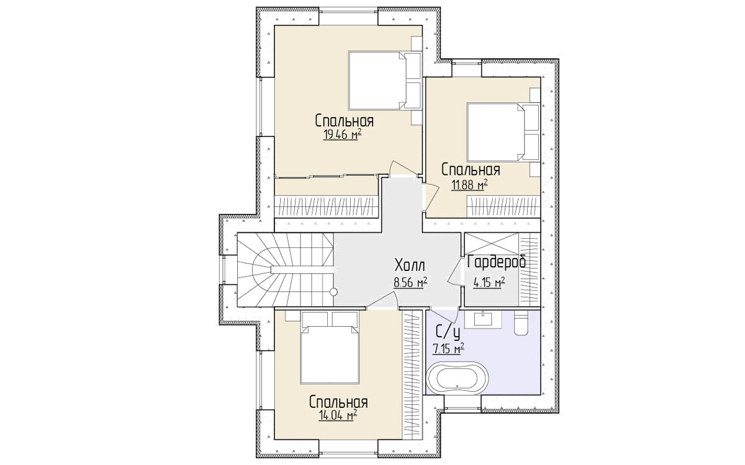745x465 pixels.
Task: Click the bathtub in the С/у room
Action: pyautogui.click(x=458, y=378)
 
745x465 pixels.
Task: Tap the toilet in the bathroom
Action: pyautogui.click(x=520, y=322)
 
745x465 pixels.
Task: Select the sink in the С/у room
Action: pyautogui.click(x=483, y=319)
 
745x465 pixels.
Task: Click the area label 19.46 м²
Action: pyautogui.click(x=342, y=135)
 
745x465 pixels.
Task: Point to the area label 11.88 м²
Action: pyautogui.click(x=469, y=185)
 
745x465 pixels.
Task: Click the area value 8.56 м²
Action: pyautogui.click(x=410, y=283)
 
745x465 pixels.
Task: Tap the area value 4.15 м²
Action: pyautogui.click(x=489, y=283)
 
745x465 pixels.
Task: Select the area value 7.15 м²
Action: pyautogui.click(x=448, y=348)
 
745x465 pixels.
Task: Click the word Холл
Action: pyautogui.click(x=410, y=266)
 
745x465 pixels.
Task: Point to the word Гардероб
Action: pyautogui.click(x=497, y=262)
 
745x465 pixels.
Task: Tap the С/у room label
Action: pyautogui.click(x=448, y=332)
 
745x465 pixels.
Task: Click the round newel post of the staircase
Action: pyautogui.click(x=333, y=292)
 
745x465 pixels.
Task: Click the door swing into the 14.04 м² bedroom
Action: pyautogui.click(x=382, y=301)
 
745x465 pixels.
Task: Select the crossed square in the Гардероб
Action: pyautogui.click(x=491, y=244)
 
